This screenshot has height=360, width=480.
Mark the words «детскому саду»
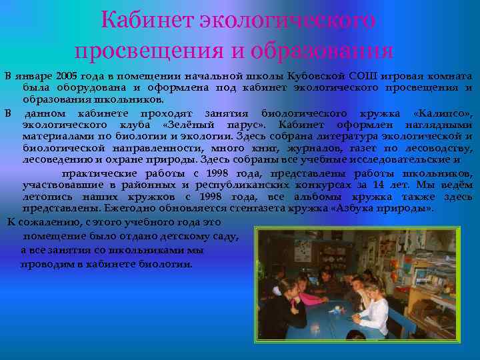click(x=200, y=236)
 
